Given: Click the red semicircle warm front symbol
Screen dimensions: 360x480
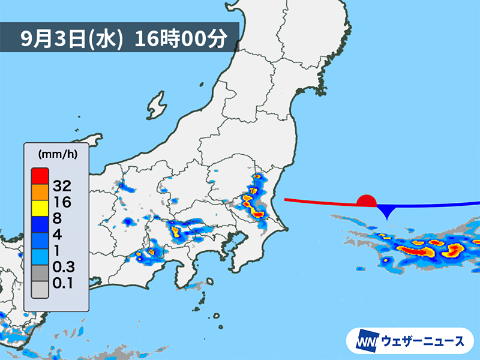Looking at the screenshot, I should pyautogui.click(x=366, y=201).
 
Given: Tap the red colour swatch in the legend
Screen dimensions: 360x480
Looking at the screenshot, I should pyautogui.click(x=40, y=176).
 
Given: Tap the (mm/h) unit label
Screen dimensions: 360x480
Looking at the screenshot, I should pyautogui.click(x=57, y=154).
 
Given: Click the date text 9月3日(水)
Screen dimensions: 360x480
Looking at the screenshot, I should pyautogui.click(x=71, y=40).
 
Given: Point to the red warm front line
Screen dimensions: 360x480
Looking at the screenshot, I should pyautogui.click(x=318, y=202).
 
